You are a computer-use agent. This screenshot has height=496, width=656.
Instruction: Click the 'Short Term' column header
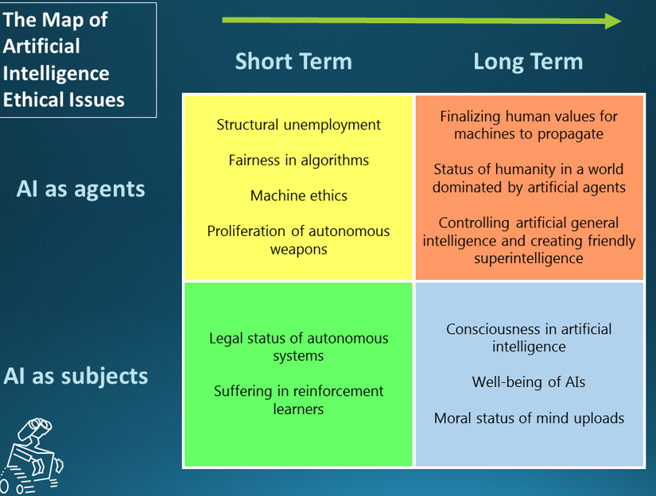[x=293, y=61]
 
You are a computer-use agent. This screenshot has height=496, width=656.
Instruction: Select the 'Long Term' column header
[x=528, y=62]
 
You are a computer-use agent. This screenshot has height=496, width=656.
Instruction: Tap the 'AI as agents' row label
[x=81, y=189]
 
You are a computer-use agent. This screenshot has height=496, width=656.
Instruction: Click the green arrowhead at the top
[x=613, y=21]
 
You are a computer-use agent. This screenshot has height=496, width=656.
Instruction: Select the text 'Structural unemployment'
[x=299, y=125]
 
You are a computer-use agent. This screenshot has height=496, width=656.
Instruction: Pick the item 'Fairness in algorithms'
[x=299, y=161]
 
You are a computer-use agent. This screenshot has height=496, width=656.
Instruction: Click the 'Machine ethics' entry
[x=299, y=196]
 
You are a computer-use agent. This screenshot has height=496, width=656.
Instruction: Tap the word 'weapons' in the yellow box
[x=299, y=250]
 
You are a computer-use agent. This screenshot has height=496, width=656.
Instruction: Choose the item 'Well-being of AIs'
[x=529, y=382]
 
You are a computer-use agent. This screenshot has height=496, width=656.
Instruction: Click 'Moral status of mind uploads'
[x=529, y=418]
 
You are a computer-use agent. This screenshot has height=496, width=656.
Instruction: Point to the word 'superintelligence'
[x=529, y=259]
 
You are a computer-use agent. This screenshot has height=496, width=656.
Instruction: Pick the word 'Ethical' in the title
[x=31, y=100]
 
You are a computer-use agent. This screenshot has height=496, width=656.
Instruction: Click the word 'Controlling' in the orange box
[x=474, y=223]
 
